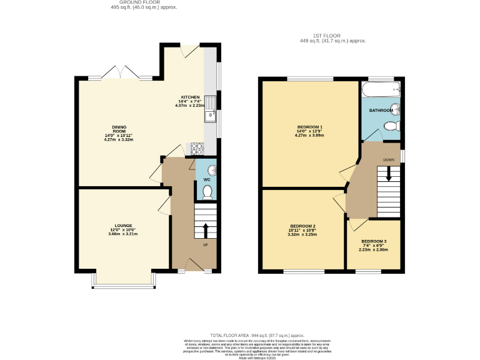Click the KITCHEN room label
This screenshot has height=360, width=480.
(x=190, y=97)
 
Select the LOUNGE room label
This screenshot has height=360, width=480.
(x=122, y=226)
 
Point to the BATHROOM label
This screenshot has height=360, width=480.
(x=381, y=111)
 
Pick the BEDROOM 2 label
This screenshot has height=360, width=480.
(x=302, y=226)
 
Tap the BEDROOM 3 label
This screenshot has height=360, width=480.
(x=374, y=241)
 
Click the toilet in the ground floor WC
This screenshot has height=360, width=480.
(x=207, y=192)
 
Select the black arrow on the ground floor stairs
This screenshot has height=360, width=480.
(x=205, y=229)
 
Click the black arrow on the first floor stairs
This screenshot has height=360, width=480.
(x=389, y=173)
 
